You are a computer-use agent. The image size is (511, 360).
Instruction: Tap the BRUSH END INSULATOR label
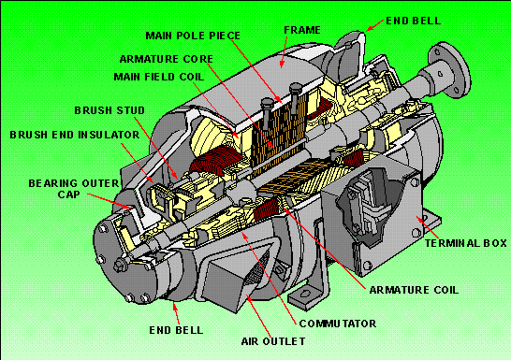75,134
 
